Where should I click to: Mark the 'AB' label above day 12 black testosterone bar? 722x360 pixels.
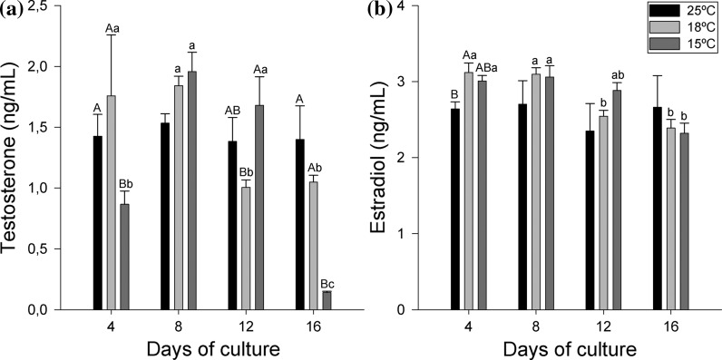click(x=232, y=110)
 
